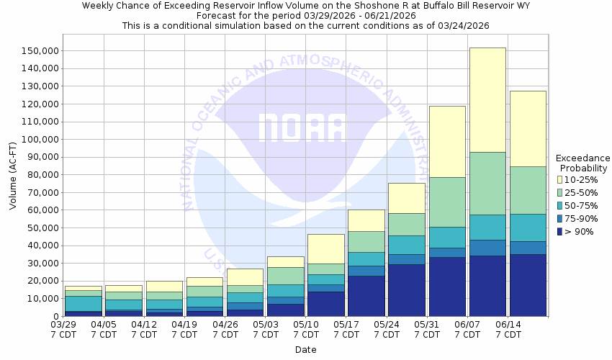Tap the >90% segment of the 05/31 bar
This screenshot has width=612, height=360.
(447, 287)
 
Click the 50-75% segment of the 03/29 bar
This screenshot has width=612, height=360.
(84, 303)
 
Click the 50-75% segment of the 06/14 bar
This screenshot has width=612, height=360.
(528, 228)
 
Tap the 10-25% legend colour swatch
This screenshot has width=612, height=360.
(559, 179)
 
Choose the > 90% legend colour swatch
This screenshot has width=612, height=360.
(559, 231)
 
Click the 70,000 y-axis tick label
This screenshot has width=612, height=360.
(39, 193)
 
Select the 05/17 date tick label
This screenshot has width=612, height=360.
(347, 329)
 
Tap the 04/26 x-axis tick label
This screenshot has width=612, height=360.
(226, 329)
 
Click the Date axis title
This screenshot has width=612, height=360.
(306, 350)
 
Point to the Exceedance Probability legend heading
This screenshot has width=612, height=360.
(583, 163)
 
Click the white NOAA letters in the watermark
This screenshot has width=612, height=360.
(302, 127)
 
